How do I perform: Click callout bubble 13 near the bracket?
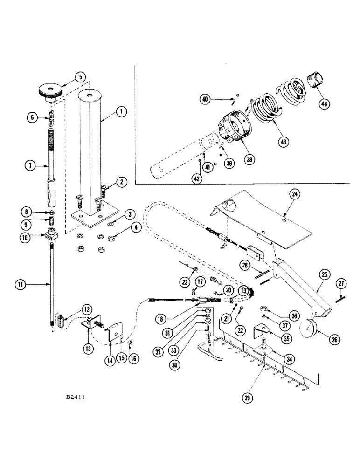pyautogui.click(x=89, y=347)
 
